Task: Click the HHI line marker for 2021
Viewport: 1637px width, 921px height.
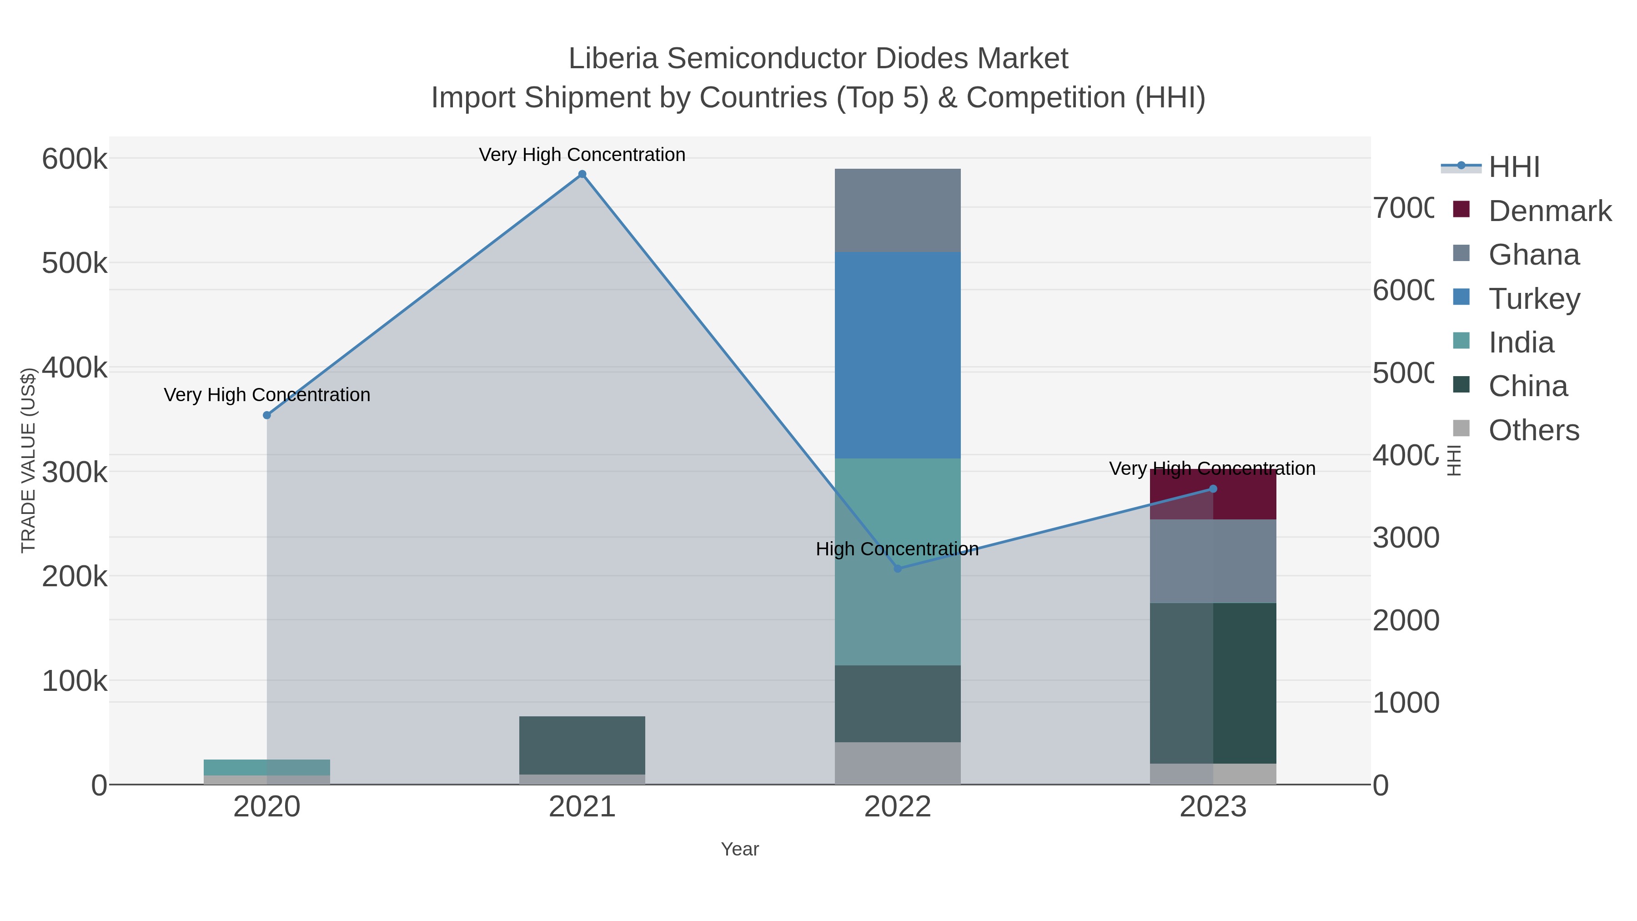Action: coord(582,174)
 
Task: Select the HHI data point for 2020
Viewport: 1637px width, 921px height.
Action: coord(267,415)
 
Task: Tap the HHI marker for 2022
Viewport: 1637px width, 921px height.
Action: coord(897,568)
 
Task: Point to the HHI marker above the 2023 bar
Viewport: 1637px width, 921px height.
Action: coord(1212,489)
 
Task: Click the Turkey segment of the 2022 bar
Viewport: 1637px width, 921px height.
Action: coord(897,355)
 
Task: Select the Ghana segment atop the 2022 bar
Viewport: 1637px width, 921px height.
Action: coord(897,210)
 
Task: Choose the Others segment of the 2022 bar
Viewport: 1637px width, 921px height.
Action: coord(897,763)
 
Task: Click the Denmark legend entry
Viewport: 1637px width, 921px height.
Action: coord(1549,211)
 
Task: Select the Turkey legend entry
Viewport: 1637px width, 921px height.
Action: coord(1533,299)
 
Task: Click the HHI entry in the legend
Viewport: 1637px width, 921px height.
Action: coord(1513,167)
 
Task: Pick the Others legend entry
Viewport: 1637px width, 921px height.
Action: coord(1533,430)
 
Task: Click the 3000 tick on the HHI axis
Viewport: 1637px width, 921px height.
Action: coord(1405,538)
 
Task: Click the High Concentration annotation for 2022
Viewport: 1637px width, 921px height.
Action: coord(897,549)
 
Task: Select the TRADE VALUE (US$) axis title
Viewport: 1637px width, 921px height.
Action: coord(28,460)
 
